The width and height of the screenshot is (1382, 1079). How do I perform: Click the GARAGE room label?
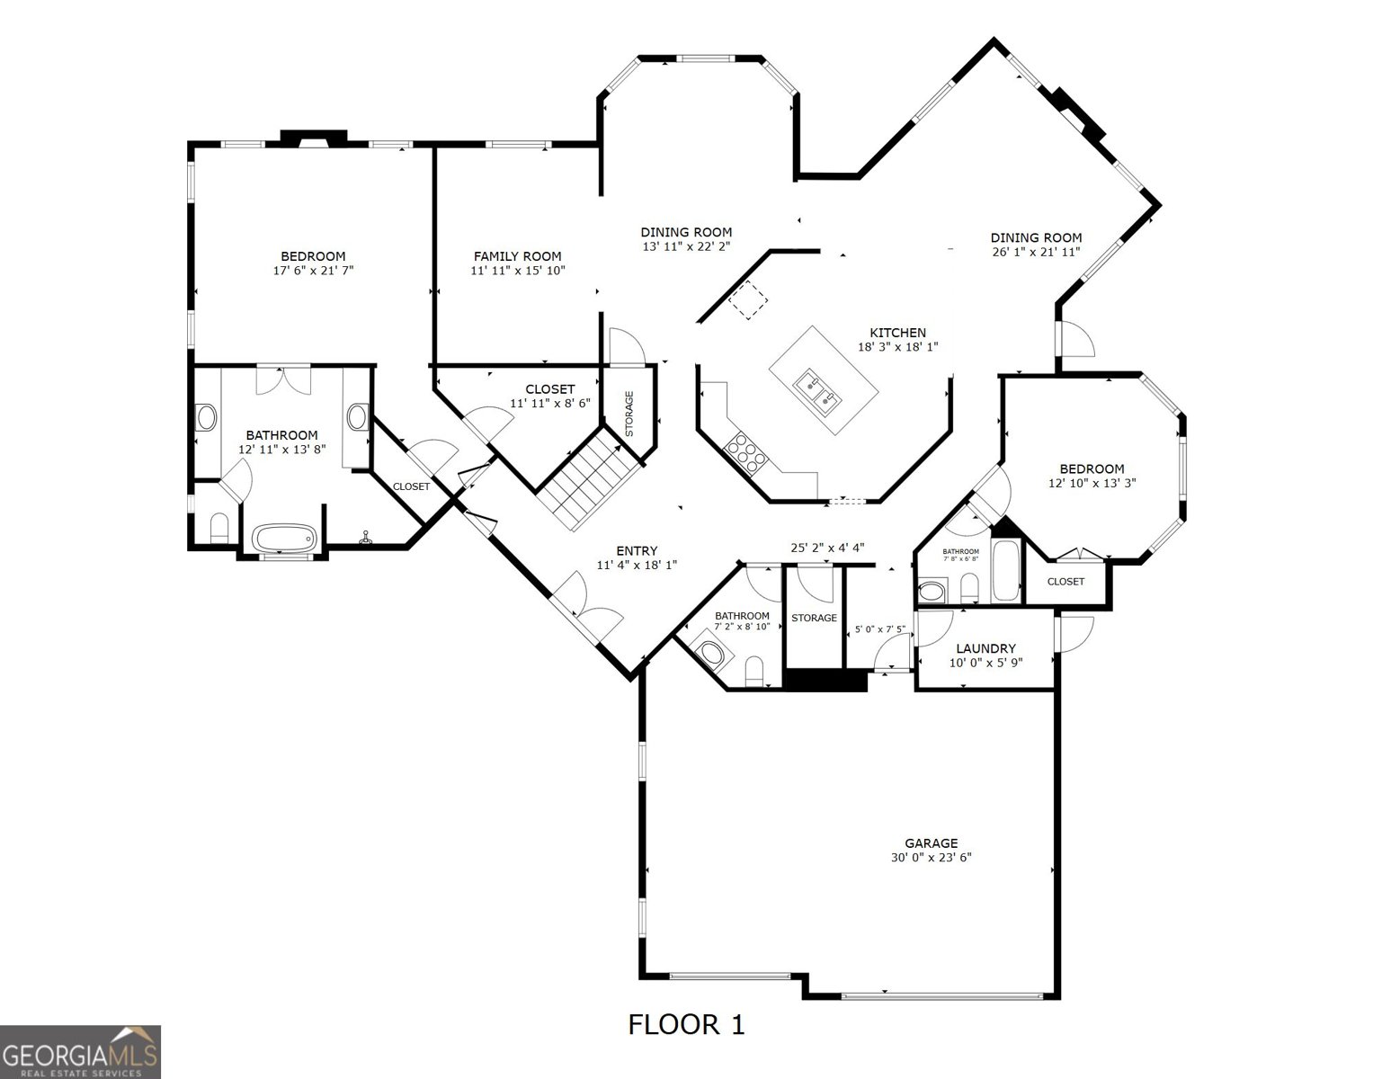pos(932,843)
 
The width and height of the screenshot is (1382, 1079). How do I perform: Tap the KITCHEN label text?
pos(897,333)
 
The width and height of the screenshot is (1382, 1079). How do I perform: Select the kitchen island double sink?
pos(816,392)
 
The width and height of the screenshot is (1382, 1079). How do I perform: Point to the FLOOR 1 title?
pos(686,1024)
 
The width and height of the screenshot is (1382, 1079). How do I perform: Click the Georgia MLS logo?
pos(80,1052)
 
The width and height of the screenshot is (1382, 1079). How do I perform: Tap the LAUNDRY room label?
pos(985,648)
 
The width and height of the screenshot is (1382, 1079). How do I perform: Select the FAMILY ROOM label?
pos(517,256)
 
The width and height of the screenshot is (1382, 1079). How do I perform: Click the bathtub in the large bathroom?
pos(284,538)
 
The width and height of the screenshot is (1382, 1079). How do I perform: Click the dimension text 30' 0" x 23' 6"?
pos(932,857)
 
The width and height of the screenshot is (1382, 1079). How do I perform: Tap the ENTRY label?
pos(637,550)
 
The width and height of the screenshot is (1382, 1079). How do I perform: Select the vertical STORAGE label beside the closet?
pos(629,414)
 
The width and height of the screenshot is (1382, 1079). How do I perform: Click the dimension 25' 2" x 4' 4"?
pos(827,548)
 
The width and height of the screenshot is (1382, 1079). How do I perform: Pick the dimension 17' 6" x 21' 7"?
pos(313,271)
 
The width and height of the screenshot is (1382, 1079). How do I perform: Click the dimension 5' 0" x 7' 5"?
pos(879,629)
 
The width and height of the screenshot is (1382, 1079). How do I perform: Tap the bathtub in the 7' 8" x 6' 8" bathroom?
pos(1005,572)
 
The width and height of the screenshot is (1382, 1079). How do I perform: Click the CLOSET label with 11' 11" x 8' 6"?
pos(549,389)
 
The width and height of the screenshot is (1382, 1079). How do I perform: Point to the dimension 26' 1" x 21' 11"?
pos(1036,252)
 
